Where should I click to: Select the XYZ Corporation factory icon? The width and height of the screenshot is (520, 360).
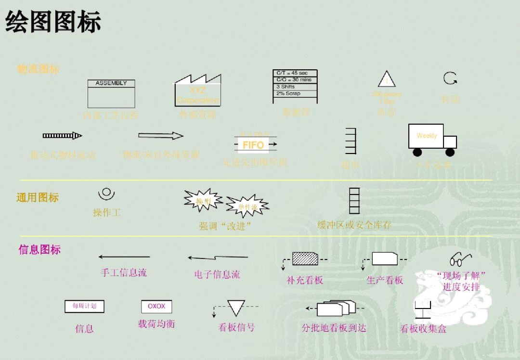[x=197, y=91]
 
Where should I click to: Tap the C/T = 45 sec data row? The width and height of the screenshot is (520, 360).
[x=295, y=73]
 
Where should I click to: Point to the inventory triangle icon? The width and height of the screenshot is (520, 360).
[x=387, y=79]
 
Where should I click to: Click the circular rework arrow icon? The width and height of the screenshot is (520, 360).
[x=450, y=78]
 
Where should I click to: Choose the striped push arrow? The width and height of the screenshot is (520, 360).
[x=62, y=136]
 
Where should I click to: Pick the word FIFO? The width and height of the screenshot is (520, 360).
[x=253, y=145]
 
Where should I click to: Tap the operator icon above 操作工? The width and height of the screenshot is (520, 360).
[x=106, y=193]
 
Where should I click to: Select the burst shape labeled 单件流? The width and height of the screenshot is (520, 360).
[x=247, y=206]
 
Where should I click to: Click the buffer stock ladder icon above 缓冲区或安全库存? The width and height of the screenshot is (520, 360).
[x=354, y=201]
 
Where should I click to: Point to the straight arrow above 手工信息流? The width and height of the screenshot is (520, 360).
[x=124, y=257]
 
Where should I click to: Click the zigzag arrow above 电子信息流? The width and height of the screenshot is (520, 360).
[x=218, y=257]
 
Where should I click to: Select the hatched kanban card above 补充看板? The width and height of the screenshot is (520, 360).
[x=305, y=259]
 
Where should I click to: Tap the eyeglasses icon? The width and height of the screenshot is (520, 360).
[x=460, y=260]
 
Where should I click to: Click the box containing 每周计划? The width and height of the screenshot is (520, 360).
[x=84, y=306]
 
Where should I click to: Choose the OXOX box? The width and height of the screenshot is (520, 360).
[x=156, y=306]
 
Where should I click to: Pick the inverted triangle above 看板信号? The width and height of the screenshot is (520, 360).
[x=236, y=308]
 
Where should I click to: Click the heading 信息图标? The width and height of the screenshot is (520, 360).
[x=39, y=250]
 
